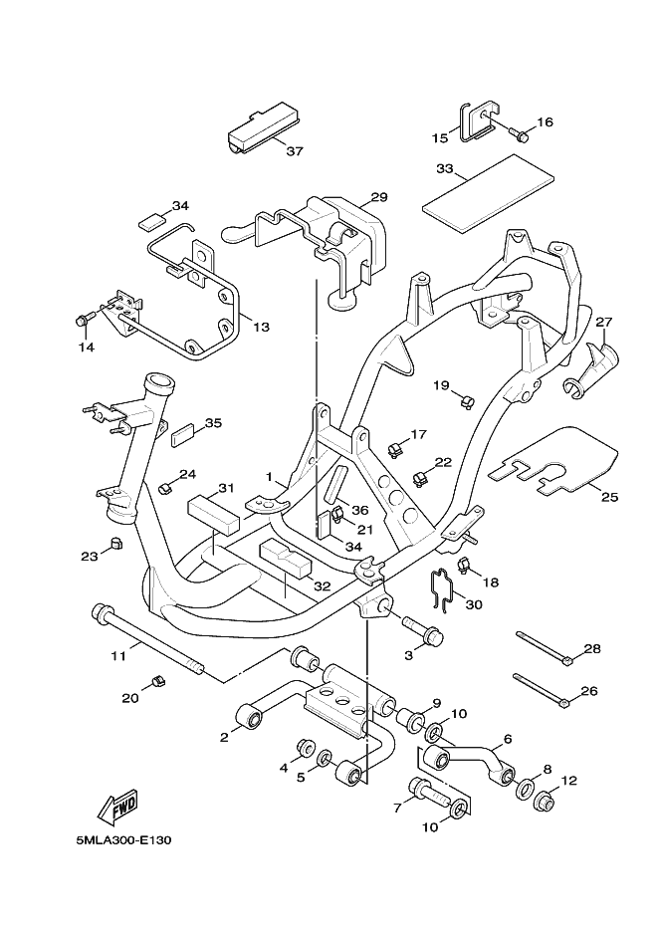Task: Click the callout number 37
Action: click(295, 152)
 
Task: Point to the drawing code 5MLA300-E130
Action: click(124, 839)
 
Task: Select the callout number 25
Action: click(608, 495)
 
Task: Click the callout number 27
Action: click(603, 322)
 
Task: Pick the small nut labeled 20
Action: click(156, 681)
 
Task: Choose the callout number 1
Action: click(269, 477)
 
